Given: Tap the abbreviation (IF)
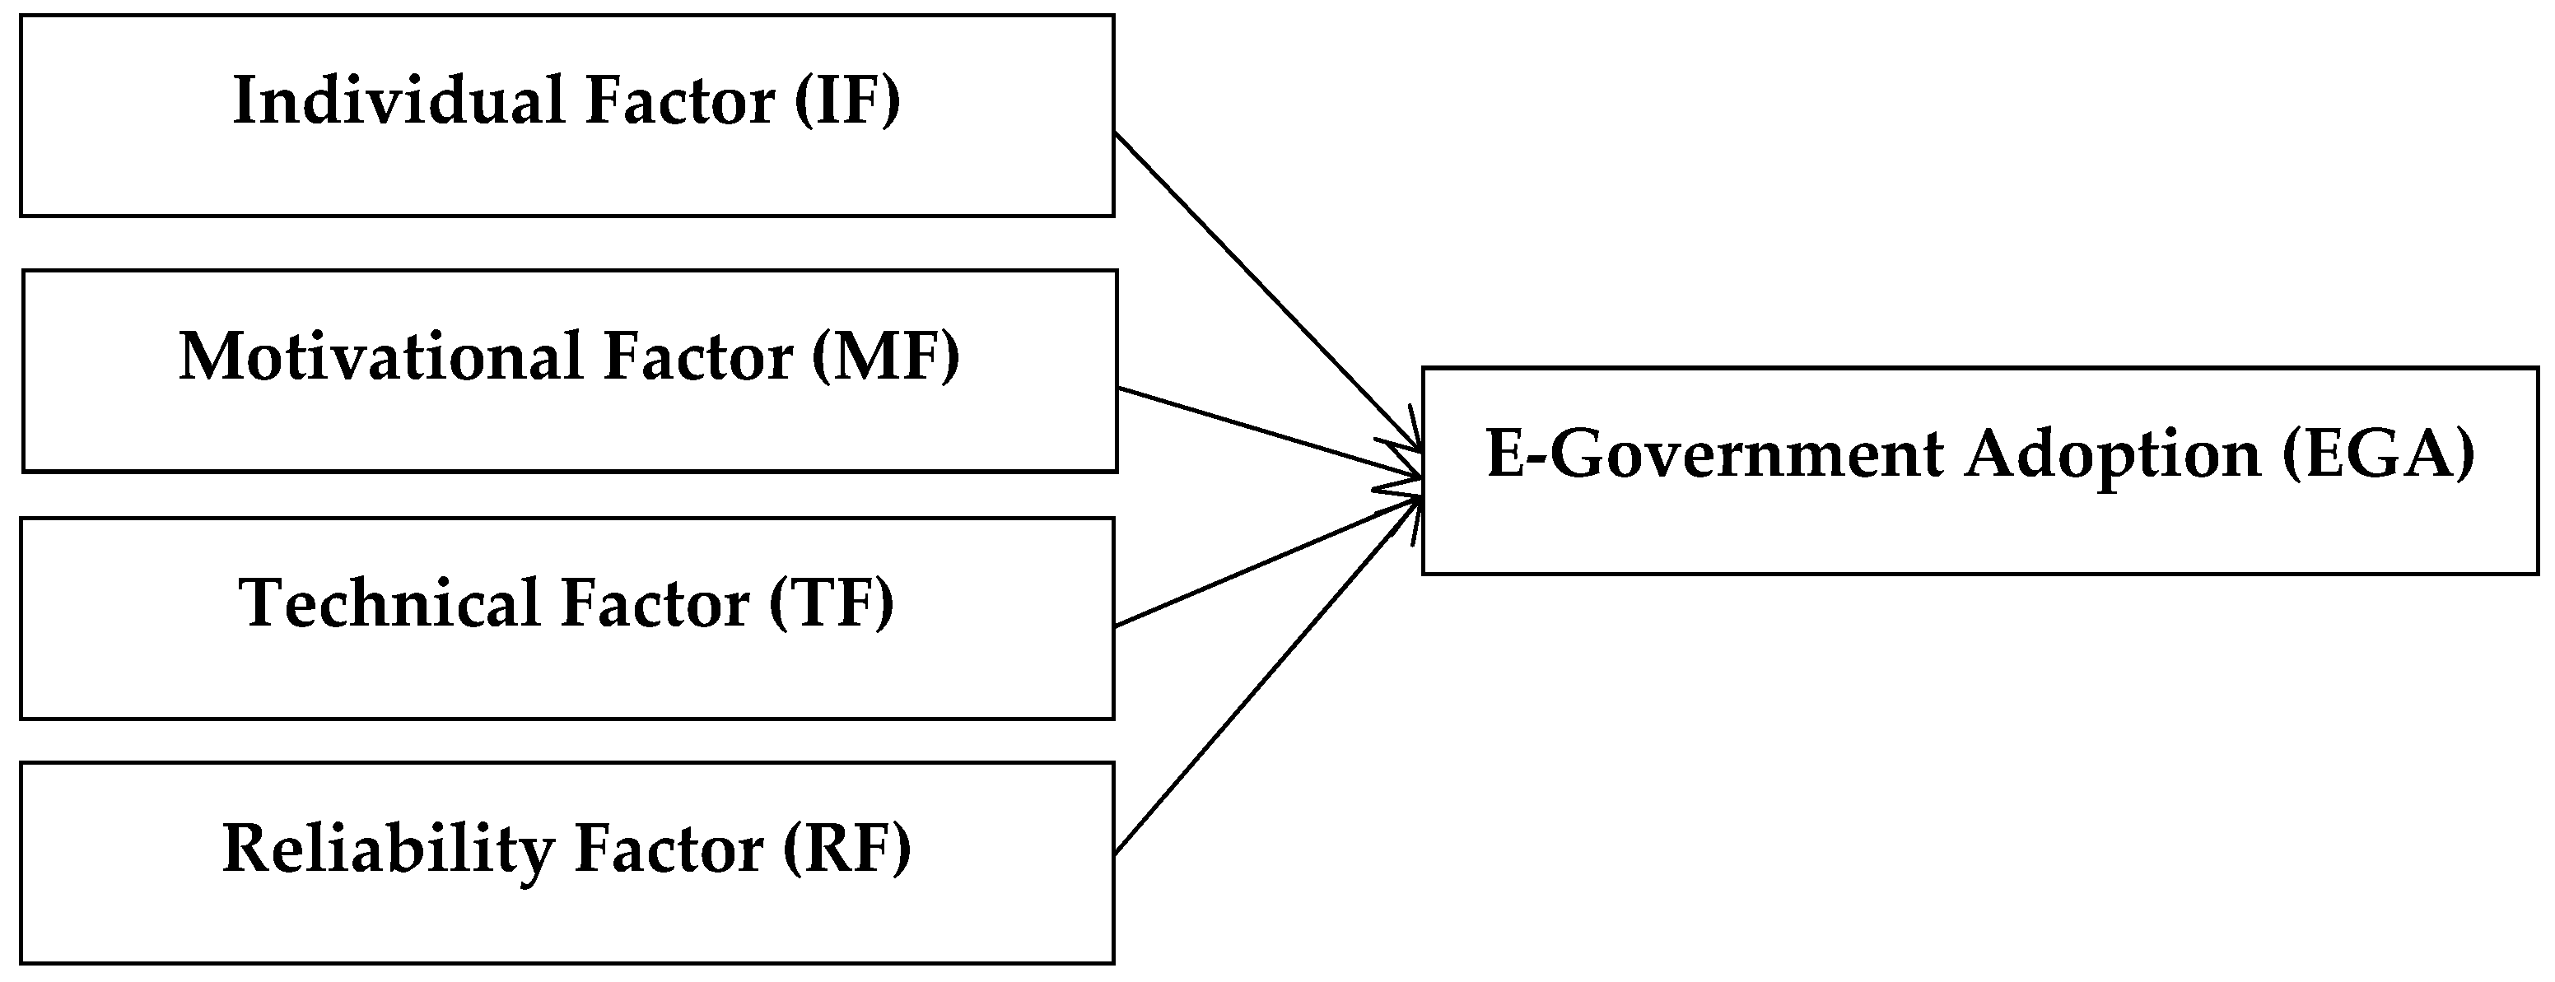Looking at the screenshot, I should (847, 101).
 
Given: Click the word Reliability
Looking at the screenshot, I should (388, 850).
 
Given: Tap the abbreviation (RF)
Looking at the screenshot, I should (846, 850).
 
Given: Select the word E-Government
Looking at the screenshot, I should (1715, 455).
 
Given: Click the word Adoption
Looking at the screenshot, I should (2113, 455).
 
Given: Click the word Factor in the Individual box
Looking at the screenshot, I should (679, 101).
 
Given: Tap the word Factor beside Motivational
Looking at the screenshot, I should (698, 356).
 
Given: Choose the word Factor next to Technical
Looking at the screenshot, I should (655, 603).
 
